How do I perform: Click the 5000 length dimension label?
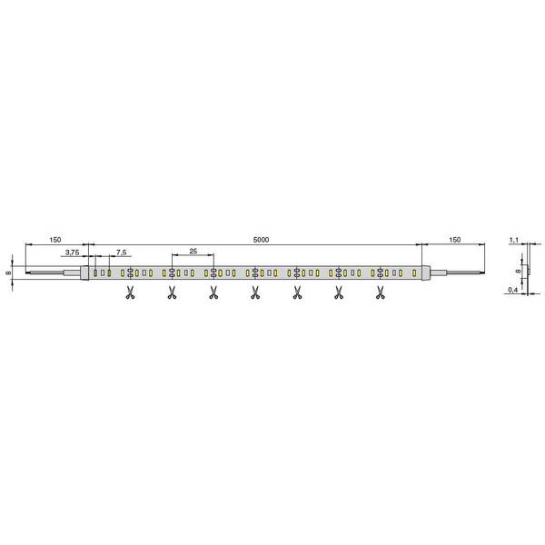coord(261,240)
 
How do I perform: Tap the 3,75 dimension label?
coord(73,253)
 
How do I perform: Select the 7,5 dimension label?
coord(122,253)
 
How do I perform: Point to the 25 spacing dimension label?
coord(193,251)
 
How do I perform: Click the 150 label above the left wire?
coord(54,240)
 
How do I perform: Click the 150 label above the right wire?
coord(455,240)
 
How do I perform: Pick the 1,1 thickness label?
coord(514,240)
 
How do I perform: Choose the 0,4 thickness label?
coord(512,290)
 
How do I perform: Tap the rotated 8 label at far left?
coord(8,272)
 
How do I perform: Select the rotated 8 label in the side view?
coord(518,271)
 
